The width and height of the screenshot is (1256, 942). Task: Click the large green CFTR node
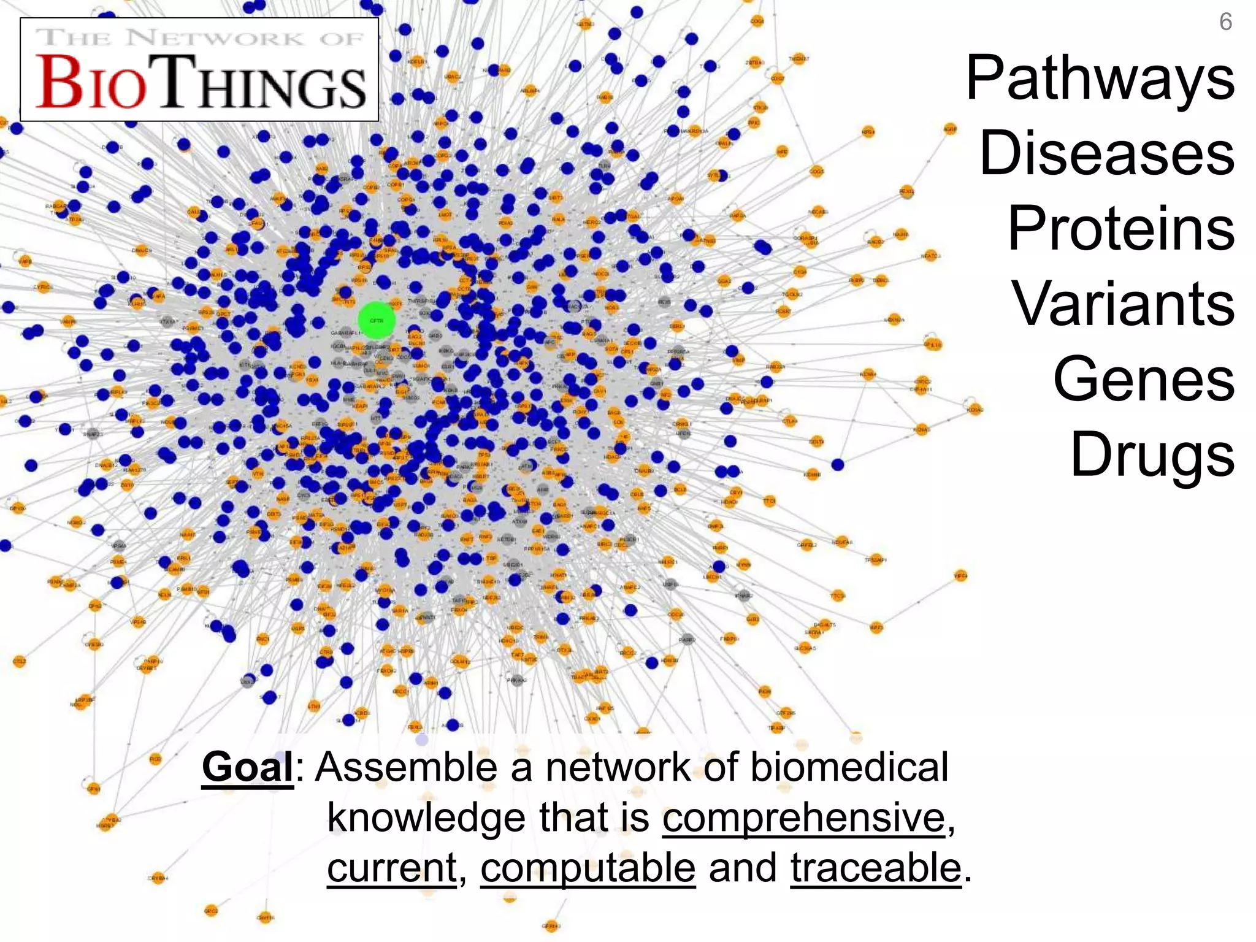pyautogui.click(x=376, y=320)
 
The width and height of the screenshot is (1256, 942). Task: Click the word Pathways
pyautogui.click(x=1100, y=79)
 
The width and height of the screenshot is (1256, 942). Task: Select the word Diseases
pyautogui.click(x=1107, y=153)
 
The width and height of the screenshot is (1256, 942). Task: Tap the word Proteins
pyautogui.click(x=1120, y=229)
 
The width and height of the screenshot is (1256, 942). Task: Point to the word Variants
pyautogui.click(x=1122, y=304)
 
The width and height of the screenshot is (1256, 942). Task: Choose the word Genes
pyautogui.click(x=1144, y=379)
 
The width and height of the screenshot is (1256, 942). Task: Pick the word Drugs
pyautogui.click(x=1152, y=454)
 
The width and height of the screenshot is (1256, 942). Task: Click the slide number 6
pyautogui.click(x=1225, y=22)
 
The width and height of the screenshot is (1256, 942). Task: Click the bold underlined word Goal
pyautogui.click(x=248, y=767)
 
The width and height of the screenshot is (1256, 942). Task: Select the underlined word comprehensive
pyautogui.click(x=803, y=818)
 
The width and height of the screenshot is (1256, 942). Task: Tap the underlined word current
pyautogui.click(x=391, y=868)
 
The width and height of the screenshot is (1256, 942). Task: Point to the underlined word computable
pyautogui.click(x=588, y=868)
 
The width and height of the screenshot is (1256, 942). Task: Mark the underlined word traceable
pyautogui.click(x=875, y=868)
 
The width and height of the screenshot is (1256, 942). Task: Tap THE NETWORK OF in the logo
pyautogui.click(x=200, y=37)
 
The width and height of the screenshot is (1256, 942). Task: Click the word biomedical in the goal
pyautogui.click(x=849, y=767)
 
